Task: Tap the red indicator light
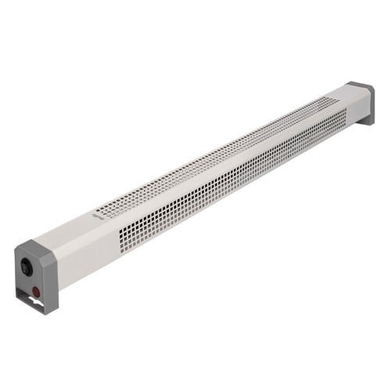tap(36, 294)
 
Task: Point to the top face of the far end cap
tap(357, 88)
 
